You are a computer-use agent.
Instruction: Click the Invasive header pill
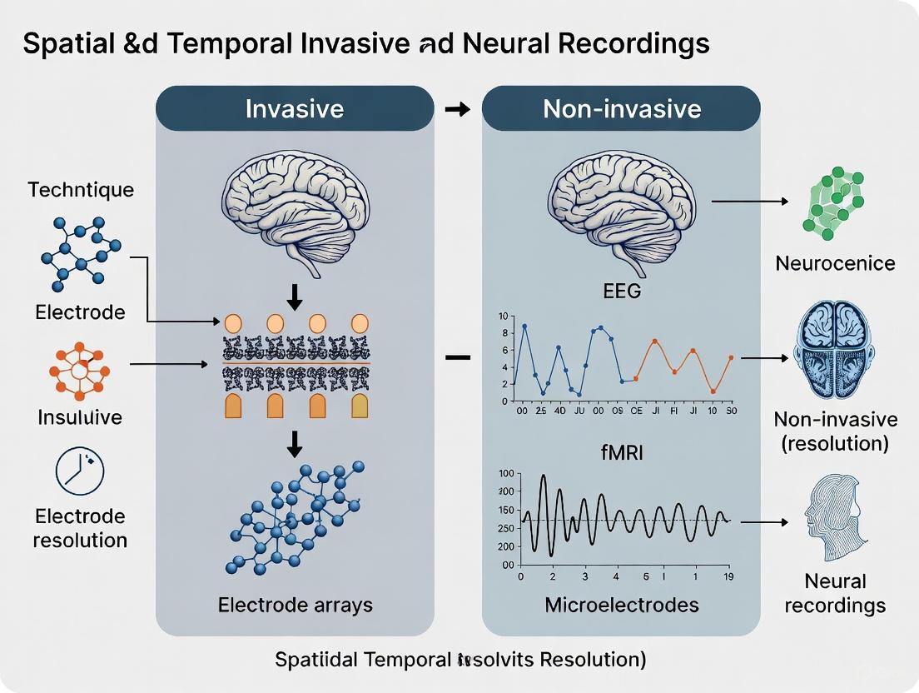[294, 108]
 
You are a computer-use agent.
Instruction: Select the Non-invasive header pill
[621, 108]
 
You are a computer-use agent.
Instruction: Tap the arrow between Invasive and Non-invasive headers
[458, 109]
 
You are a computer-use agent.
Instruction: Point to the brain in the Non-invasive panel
[620, 208]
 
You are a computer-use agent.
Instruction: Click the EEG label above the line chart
[621, 292]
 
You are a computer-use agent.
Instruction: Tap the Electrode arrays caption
[295, 605]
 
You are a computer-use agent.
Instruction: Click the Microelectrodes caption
[621, 605]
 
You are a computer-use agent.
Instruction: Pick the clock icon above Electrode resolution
[79, 471]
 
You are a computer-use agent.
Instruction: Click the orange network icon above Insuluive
[80, 370]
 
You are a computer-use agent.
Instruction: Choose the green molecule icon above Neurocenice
[833, 200]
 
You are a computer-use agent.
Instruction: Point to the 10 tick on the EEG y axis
[501, 317]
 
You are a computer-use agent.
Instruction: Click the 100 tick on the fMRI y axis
[505, 474]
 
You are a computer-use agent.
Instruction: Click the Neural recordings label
[834, 593]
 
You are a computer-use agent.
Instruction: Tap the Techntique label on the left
[80, 189]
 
